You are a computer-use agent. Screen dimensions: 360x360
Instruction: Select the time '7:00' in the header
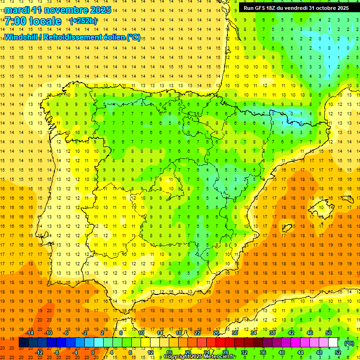15,21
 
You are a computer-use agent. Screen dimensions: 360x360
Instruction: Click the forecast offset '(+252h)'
83,21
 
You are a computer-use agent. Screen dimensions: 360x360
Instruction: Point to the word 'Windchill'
21,37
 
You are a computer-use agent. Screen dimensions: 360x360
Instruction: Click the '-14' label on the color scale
30,333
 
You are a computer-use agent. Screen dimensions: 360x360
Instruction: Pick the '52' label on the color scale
338,352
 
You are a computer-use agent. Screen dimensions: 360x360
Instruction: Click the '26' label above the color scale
216,333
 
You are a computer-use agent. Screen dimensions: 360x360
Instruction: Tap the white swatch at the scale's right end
333,343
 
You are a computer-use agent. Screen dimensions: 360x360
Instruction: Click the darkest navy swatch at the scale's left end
23,343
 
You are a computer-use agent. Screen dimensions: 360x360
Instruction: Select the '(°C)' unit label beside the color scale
349,343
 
